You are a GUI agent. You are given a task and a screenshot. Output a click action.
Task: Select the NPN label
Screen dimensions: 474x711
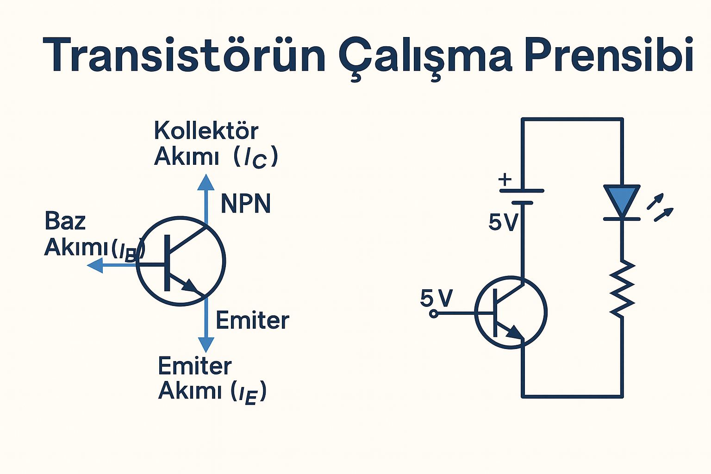click(245, 204)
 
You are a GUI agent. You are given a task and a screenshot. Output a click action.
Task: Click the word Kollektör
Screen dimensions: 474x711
click(206, 131)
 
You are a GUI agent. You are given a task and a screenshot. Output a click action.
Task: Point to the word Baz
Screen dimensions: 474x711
click(65, 221)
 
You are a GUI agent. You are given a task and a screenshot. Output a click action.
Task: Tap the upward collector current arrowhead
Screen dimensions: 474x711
click(206, 182)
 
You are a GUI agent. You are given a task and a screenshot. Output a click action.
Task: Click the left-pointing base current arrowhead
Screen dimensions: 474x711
click(95, 266)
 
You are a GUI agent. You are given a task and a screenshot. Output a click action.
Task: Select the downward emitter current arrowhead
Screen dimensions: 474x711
click(206, 345)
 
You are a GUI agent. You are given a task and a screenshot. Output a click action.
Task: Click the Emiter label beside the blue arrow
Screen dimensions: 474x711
click(252, 320)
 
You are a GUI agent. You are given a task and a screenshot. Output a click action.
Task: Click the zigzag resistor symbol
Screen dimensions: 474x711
click(622, 289)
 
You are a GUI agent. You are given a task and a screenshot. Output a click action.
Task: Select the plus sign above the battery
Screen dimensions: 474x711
click(505, 179)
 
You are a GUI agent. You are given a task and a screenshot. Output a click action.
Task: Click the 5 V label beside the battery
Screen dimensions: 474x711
click(503, 223)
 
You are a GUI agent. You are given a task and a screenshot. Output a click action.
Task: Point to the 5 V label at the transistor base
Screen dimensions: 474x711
click(436, 298)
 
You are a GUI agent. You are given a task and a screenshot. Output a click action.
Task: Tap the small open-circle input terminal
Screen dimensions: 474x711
click(434, 314)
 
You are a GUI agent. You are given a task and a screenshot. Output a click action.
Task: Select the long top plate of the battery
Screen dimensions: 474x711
click(522, 191)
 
